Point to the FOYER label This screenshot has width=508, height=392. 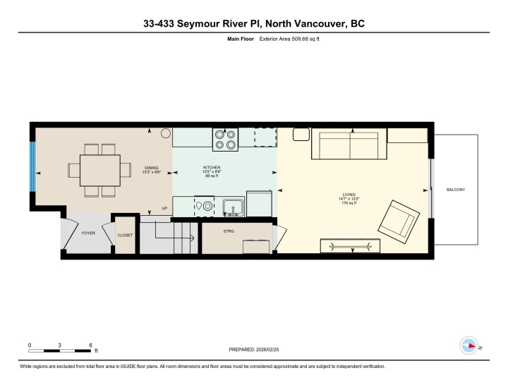coord(88,233)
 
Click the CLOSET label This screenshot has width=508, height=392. coord(125,235)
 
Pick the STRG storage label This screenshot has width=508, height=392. coord(228,231)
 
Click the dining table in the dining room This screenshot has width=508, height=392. coord(99,170)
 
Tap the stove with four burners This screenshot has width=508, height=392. coord(226,139)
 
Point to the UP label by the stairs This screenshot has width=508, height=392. coord(164,209)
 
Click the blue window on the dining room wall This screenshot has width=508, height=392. coord(32,168)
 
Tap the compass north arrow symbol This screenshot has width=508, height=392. coord(468,346)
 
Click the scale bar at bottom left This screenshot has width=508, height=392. coord(60,349)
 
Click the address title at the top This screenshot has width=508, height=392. coord(254,25)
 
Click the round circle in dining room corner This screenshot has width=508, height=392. coord(165,133)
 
